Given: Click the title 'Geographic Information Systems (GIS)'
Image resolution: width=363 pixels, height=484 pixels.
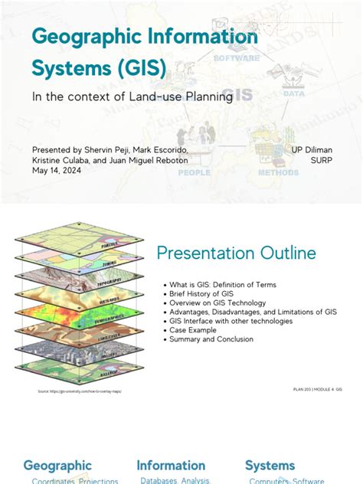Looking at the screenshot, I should tap(144, 53).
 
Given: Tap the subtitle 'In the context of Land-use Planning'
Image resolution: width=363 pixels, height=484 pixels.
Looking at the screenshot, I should tap(132, 96).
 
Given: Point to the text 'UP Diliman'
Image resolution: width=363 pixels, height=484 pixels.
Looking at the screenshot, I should tap(312, 150).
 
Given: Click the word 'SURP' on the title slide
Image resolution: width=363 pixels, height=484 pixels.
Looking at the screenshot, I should tap(321, 161).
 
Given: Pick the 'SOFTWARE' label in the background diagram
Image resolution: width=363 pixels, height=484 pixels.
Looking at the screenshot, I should tap(236, 58).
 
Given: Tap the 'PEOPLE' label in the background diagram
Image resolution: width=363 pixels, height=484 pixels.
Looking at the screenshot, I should tap(194, 173).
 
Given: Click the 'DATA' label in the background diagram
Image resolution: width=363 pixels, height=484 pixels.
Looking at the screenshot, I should tap(293, 93).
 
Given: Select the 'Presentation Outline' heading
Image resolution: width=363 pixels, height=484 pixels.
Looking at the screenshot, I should tap(236, 253).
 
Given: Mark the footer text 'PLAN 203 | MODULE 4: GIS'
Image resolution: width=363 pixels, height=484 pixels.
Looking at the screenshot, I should tap(317, 389).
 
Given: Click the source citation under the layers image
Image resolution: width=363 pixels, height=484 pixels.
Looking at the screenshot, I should tap(80, 391).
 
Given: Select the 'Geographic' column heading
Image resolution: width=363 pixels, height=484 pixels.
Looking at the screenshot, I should tap(57, 465).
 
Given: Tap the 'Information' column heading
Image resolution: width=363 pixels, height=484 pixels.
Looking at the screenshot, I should tap(171, 465).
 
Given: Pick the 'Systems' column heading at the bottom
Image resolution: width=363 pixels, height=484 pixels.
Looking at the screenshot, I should tap(270, 465).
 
